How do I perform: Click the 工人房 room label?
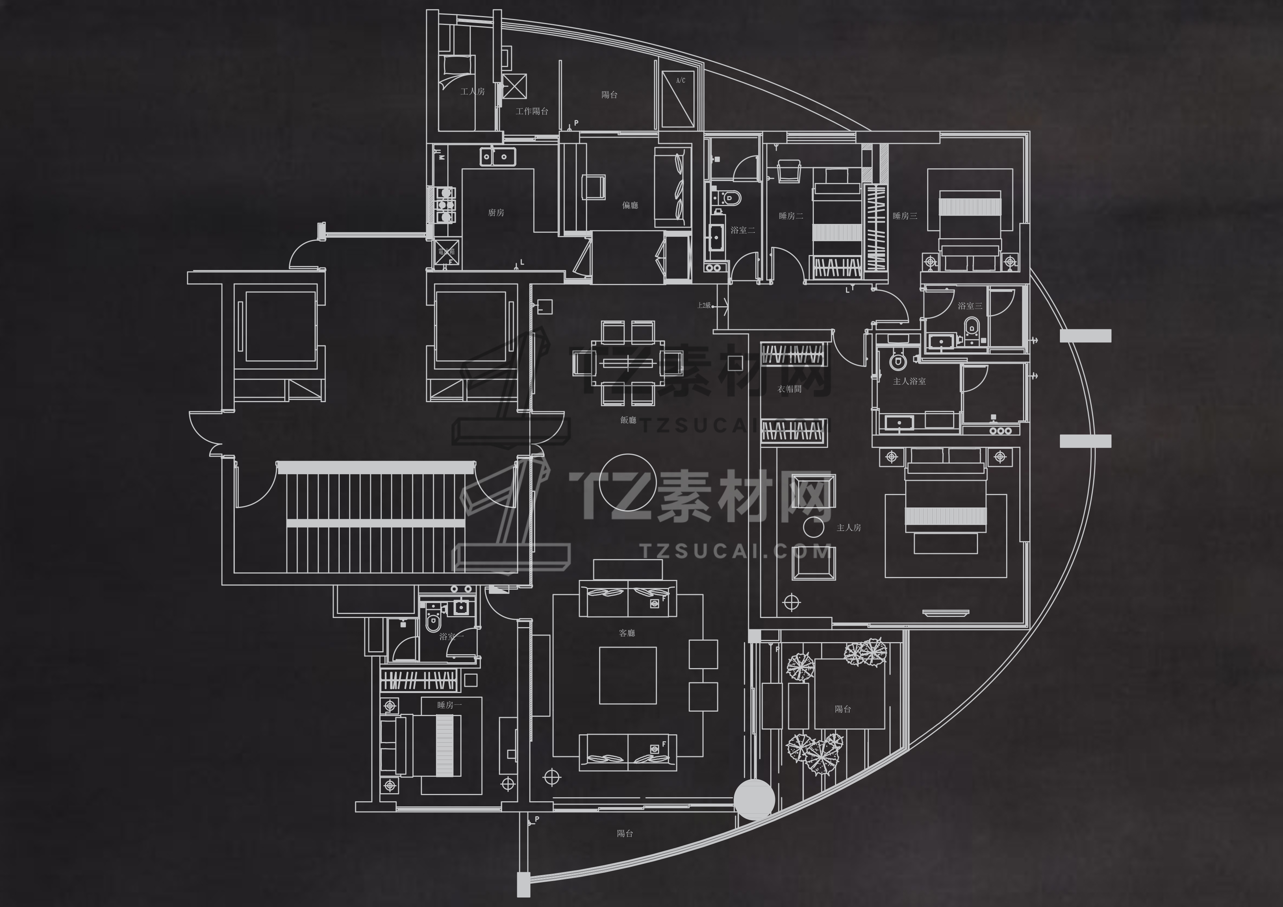[x=472, y=91]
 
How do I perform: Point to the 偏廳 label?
[x=630, y=206]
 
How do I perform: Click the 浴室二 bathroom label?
[x=743, y=230]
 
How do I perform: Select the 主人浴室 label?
[x=909, y=382]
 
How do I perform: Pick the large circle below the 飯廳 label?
[x=628, y=483]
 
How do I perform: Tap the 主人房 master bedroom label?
[x=848, y=528]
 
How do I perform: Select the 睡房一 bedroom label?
[x=449, y=705]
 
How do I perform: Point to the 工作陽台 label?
[x=531, y=112]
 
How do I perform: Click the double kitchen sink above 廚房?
[x=496, y=157]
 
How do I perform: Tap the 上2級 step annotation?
[x=704, y=306]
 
